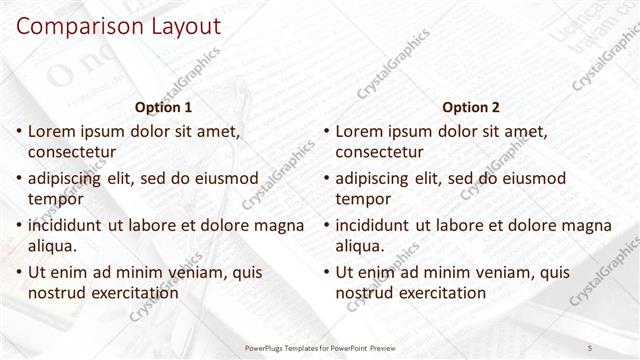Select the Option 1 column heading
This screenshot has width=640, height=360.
pyautogui.click(x=162, y=107)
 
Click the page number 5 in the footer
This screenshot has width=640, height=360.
pyautogui.click(x=590, y=347)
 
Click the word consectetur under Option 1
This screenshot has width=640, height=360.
pyautogui.click(x=72, y=152)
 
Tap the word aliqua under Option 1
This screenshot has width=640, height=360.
pyautogui.click(x=52, y=245)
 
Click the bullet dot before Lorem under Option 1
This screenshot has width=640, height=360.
pyautogui.click(x=17, y=131)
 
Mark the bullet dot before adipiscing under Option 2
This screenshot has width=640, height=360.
pyautogui.click(x=325, y=178)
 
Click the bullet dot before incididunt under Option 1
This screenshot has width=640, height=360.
pyautogui.click(x=17, y=225)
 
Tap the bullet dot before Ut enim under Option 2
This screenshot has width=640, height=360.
pyautogui.click(x=325, y=271)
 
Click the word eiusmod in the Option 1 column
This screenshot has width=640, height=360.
pyautogui.click(x=234, y=178)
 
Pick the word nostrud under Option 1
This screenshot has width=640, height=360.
pyautogui.click(x=58, y=292)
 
